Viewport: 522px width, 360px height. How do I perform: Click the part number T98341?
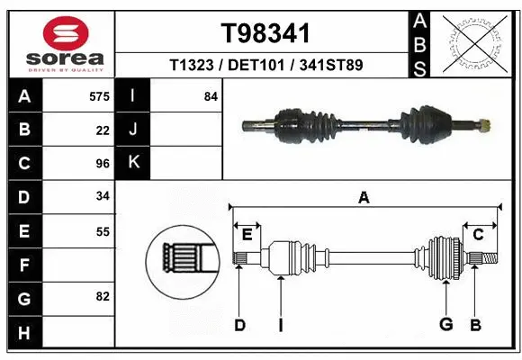265,34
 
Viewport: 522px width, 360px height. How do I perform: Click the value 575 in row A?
100,96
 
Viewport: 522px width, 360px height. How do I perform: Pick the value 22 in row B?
103,130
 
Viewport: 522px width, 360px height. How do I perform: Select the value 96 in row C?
103,164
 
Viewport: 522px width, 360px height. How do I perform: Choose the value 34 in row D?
103,196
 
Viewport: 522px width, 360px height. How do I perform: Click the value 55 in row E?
103,231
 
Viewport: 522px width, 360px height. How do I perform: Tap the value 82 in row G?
103,296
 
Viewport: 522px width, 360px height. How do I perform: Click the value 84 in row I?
211,96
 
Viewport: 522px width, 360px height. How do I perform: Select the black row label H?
24,332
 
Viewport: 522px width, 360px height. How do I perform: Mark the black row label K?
133,163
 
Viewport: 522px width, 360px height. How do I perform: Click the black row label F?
24,265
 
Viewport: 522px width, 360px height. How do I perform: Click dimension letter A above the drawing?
364,197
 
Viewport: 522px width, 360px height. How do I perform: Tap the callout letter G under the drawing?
445,325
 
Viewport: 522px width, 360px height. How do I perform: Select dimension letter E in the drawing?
247,234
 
